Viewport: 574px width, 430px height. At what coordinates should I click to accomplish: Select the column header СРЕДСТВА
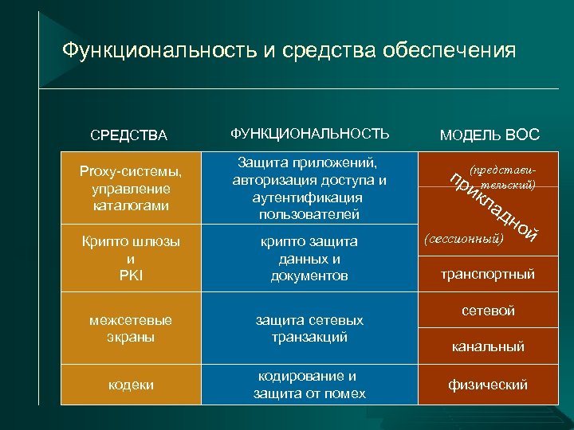pos(129,135)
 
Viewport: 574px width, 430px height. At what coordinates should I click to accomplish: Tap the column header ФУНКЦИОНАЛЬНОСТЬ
pos(309,133)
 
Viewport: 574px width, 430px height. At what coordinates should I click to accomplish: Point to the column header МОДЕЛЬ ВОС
pos(489,135)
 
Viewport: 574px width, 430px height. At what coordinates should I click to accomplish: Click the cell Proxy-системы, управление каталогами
pos(131,189)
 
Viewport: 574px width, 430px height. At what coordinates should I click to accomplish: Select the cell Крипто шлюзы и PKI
pos(131,258)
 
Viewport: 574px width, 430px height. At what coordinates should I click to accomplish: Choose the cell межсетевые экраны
pos(131,328)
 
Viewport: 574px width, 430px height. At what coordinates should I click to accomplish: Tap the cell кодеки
pos(131,385)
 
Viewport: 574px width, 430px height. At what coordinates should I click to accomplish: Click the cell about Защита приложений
pos(309,188)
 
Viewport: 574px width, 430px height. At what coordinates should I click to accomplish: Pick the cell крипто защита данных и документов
pos(309,258)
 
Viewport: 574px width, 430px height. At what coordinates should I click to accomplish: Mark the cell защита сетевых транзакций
pos(309,328)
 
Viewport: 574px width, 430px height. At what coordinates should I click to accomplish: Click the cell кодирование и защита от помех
pos(309,385)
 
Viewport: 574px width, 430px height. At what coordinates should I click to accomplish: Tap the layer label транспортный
pos(488,275)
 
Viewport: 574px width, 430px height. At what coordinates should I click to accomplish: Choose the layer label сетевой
pos(488,311)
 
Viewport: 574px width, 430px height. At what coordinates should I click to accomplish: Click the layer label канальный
pos(488,346)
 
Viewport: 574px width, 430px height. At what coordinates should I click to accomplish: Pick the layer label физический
pos(488,385)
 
